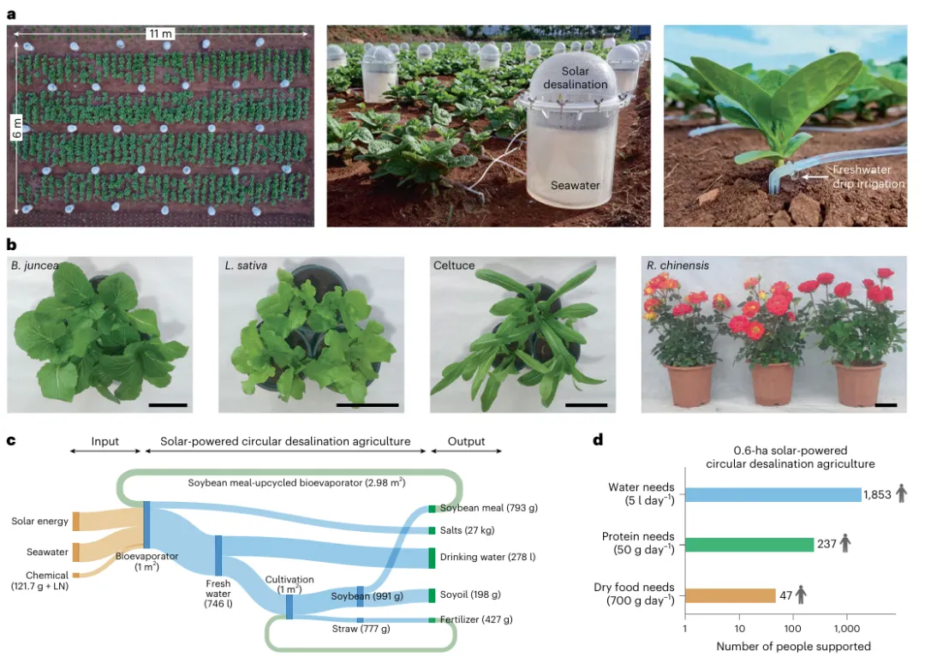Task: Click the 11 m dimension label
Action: (x=160, y=33)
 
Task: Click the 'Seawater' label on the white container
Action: (x=575, y=185)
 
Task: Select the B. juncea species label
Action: (x=35, y=266)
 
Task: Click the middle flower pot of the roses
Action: (x=774, y=385)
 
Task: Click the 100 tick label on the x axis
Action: (x=793, y=629)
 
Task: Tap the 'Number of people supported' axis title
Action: (x=793, y=647)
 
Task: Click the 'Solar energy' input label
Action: (x=39, y=521)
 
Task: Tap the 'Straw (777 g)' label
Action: (x=361, y=630)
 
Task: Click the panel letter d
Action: (x=599, y=440)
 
